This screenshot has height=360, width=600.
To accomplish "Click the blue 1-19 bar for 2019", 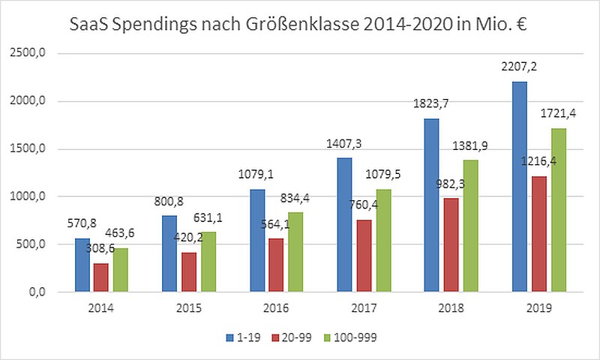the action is coord(520,187).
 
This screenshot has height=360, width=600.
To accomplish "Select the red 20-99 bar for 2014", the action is coord(101,277).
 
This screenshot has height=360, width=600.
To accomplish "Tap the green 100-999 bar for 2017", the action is coord(384,241).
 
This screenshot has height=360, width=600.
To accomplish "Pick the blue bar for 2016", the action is coord(257,241).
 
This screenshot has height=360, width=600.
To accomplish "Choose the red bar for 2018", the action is coord(451,244).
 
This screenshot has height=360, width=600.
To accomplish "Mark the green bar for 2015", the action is coord(208,262).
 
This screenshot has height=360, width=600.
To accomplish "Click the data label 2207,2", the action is coord(519,67).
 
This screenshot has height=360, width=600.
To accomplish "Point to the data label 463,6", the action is coord(120,232).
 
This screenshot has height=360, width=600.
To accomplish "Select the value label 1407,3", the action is coord(343,144).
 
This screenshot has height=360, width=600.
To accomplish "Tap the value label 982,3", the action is coord(451,184).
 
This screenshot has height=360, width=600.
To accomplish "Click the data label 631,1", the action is coord(208,217).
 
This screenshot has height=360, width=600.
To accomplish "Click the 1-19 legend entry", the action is coord(243,337).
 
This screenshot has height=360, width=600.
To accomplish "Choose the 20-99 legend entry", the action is coord(292,337).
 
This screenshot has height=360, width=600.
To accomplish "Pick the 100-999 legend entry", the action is coord(350,337).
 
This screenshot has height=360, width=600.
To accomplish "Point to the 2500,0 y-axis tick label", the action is coord(28,52).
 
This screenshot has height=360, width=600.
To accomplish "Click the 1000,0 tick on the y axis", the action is coord(28,196).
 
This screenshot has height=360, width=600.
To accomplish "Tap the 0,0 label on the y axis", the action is coord(37,292).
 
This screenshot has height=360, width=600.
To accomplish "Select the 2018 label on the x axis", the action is coord(451,308).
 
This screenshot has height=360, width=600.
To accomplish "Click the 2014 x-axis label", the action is coord(101,308).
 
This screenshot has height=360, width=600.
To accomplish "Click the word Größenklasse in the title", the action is coord(302,25).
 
